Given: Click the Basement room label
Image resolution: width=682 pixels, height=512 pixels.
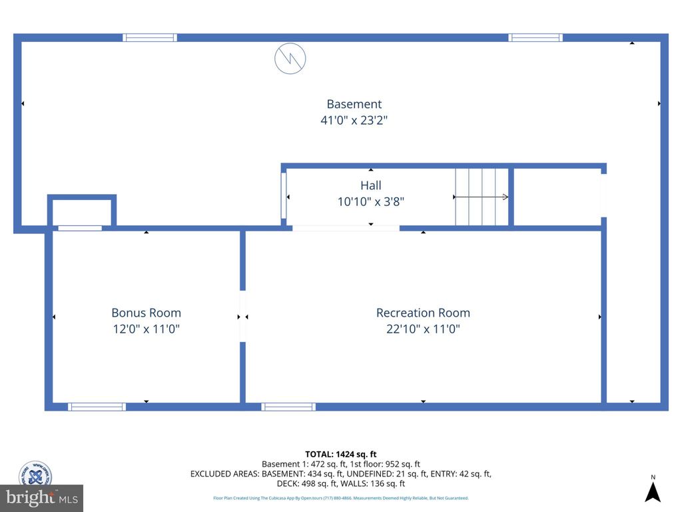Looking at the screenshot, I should pos(354,104).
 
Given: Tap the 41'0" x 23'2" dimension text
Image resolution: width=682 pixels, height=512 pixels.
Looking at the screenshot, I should pos(354,121).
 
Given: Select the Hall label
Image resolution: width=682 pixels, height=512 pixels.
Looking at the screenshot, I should pos(371,185).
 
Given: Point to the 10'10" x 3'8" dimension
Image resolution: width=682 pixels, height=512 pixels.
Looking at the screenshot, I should pos(371,201).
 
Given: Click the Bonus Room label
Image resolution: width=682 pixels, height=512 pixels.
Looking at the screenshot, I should pos(146,313).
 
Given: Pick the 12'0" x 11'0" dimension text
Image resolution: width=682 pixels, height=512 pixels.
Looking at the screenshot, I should pos(146,329).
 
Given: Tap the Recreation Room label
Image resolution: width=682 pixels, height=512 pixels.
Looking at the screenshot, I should pos(423,313).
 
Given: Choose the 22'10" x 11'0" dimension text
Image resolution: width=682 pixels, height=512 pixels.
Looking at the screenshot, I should pos(423,329).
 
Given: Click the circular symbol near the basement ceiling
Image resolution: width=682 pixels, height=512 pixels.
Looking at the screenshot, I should pos(290,59).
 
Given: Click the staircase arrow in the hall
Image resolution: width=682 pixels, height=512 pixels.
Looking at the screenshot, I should pos(481,197).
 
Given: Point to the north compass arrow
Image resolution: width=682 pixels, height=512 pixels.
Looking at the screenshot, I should pos(653,492).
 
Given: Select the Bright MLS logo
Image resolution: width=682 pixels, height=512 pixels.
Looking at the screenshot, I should pos(41,497).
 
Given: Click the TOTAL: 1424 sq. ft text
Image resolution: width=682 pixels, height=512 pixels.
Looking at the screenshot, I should pos(340,454).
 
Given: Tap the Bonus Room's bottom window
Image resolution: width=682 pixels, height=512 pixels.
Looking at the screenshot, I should pos(97,407).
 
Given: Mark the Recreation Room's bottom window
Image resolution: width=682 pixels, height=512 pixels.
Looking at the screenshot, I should pos(288,407).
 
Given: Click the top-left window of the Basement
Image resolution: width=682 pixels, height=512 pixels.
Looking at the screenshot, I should pos(150,38).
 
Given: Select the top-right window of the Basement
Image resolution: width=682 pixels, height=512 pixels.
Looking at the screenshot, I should pos(535,38).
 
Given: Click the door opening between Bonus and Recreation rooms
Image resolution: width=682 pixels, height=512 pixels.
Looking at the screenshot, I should pos(242,317).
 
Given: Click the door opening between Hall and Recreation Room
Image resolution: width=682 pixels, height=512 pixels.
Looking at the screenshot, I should pos(346,228).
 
